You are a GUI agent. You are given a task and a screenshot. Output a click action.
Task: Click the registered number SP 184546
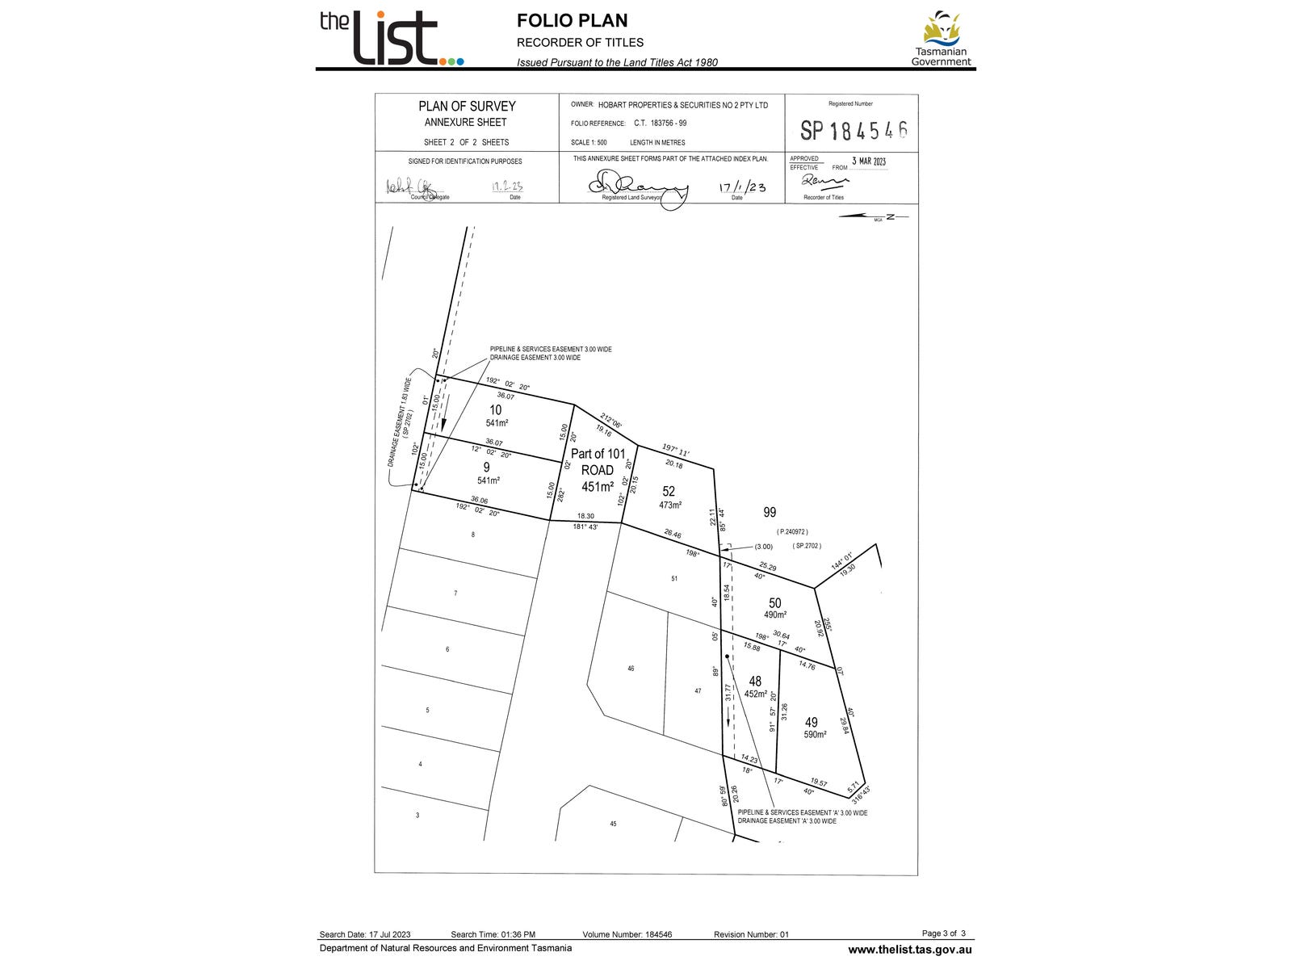click(854, 130)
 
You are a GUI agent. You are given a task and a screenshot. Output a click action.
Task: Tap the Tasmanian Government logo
click(941, 39)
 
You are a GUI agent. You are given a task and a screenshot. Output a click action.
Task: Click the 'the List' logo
click(391, 37)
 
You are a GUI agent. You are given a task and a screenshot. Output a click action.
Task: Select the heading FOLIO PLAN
click(572, 21)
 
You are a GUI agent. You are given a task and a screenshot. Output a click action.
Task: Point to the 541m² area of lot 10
click(497, 422)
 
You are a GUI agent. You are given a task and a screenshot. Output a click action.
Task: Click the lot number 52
click(669, 491)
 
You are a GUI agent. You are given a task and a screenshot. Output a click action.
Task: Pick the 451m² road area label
click(598, 486)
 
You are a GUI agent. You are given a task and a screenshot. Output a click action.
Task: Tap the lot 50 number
click(775, 602)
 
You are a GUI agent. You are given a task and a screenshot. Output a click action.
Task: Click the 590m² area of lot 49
click(814, 735)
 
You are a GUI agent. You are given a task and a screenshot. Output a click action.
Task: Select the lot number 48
click(755, 681)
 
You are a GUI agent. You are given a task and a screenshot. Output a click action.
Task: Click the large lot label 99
click(770, 512)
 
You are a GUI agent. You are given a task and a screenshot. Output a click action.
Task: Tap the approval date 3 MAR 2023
click(868, 161)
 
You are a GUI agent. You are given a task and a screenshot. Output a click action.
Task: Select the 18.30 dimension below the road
click(585, 516)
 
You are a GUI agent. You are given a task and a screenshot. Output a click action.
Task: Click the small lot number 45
click(613, 824)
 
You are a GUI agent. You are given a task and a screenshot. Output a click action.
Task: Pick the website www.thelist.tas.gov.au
click(909, 950)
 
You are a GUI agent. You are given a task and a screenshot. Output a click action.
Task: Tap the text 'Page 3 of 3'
click(943, 933)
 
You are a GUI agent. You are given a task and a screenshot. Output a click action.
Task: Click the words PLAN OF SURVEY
click(467, 106)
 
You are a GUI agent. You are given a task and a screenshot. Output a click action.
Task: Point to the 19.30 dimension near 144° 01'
click(847, 569)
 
